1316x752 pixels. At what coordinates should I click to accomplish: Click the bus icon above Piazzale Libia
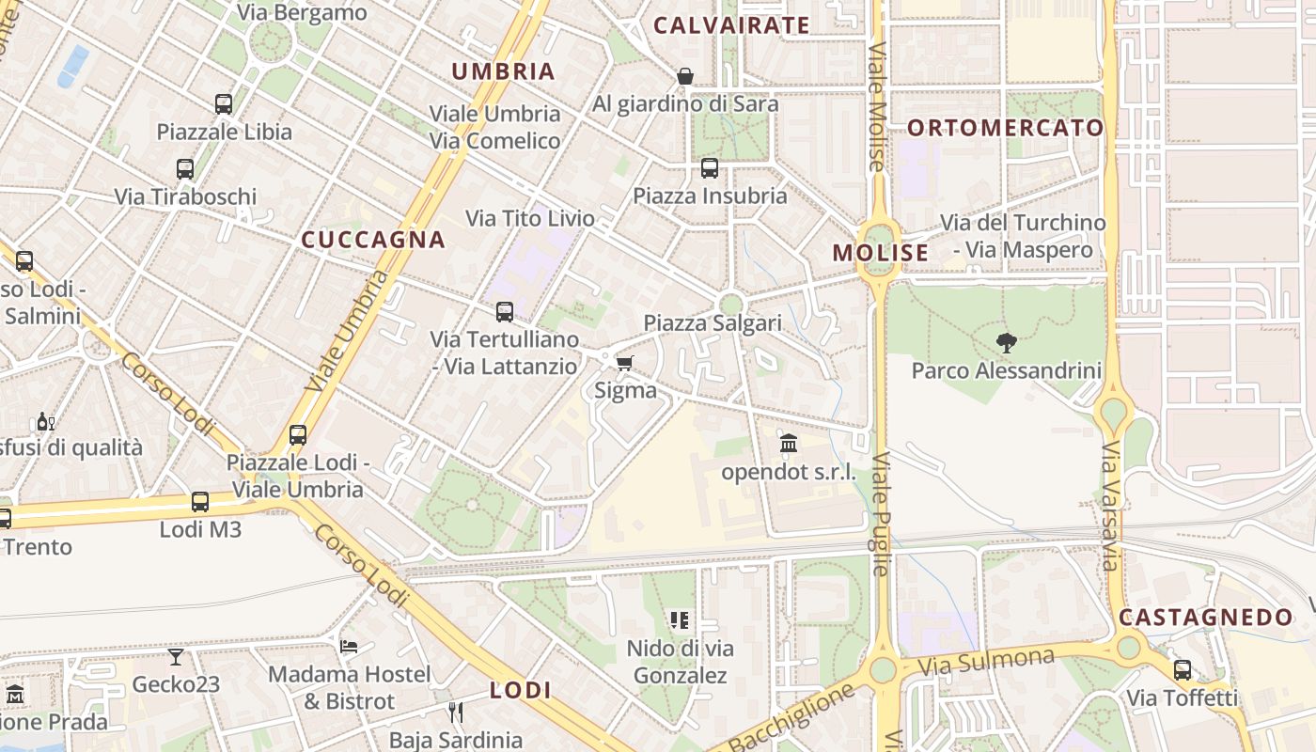point(224,104)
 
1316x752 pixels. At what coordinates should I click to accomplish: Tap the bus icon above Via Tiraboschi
point(185,169)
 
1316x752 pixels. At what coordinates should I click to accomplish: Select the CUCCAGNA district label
point(373,240)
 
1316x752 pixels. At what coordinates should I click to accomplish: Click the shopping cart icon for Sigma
point(624,363)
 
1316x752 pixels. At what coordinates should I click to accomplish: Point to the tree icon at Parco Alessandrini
point(1007,343)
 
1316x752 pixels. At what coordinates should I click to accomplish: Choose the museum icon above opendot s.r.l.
point(789,443)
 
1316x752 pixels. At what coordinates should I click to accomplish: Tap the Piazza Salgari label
point(713,323)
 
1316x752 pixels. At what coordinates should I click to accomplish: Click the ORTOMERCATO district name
point(1006,128)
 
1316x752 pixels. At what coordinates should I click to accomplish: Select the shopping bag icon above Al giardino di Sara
point(685,76)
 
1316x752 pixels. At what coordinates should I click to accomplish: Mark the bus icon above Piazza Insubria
point(710,168)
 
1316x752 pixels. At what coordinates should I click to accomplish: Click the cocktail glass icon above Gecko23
point(176,656)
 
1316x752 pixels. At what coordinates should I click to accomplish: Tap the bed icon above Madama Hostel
point(349,647)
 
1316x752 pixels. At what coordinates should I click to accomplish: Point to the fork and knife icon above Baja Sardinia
point(456,713)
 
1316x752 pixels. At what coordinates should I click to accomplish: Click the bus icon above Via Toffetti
point(1183,670)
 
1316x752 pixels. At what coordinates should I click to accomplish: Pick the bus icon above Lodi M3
point(200,502)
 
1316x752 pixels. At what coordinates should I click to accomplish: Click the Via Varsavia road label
point(1110,505)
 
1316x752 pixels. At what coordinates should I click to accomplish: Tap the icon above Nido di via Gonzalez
point(680,620)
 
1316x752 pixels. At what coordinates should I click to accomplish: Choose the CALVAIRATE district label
point(731,25)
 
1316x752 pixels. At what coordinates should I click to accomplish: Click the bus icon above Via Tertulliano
point(505,311)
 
